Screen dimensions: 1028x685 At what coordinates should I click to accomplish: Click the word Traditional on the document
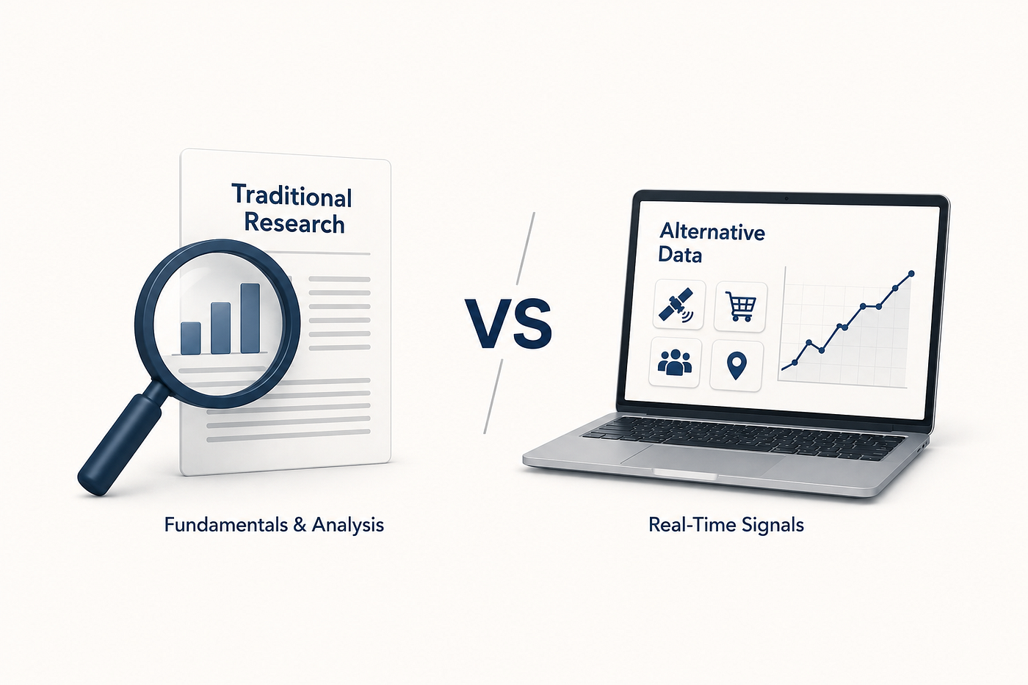pos(292,196)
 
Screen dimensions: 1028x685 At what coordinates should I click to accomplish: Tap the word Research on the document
pos(294,223)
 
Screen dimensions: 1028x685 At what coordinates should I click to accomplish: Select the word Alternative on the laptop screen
pos(712,232)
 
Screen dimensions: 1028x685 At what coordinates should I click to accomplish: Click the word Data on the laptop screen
pos(680,255)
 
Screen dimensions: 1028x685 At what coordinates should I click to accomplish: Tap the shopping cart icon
pos(740,306)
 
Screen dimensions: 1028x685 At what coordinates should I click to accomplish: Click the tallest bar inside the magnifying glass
pos(250,318)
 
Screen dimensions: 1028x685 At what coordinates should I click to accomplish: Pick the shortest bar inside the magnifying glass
pos(191,338)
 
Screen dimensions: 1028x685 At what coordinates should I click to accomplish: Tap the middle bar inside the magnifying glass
pos(221,328)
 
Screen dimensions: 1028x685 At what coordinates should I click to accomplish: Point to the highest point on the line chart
pos(911,274)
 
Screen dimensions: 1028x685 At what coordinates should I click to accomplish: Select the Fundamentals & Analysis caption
pos(274,525)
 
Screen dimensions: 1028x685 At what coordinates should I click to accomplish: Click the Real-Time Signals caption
pos(726,525)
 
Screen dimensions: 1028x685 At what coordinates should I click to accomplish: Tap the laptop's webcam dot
pos(786,199)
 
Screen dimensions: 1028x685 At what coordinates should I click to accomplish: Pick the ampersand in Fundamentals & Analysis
pos(300,524)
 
